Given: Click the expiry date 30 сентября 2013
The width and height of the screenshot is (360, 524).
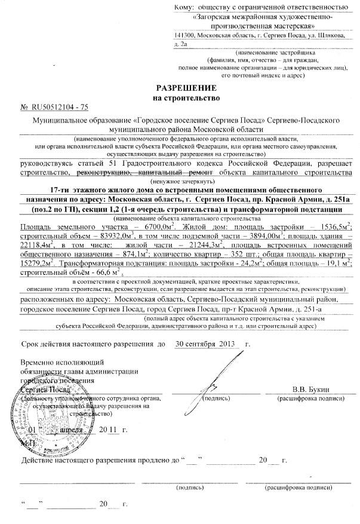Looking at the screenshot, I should click(x=203, y=345).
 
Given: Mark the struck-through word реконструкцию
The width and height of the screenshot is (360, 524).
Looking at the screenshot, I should click(x=104, y=173).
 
